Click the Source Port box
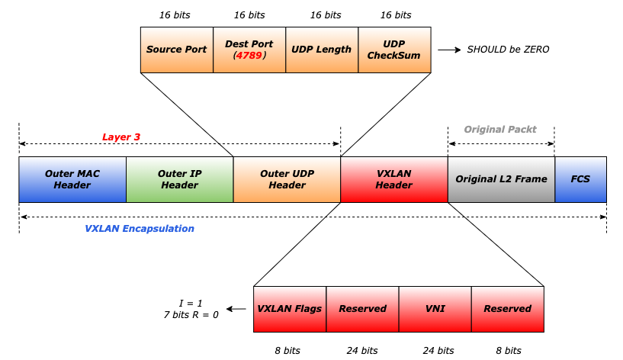point(177,50)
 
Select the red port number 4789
point(249,56)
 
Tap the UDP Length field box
point(322,50)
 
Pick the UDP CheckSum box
point(394,50)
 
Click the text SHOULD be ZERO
point(508,50)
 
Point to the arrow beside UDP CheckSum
point(449,50)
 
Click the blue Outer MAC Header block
point(72,179)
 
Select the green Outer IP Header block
point(180,179)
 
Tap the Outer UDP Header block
point(287,179)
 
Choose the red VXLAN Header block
point(394,179)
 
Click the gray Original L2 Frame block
point(501,179)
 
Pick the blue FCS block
point(580,179)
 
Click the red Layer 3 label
point(121,137)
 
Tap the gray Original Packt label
point(500,129)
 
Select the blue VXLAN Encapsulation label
point(140,229)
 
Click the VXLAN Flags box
point(290,309)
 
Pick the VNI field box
point(435,309)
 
